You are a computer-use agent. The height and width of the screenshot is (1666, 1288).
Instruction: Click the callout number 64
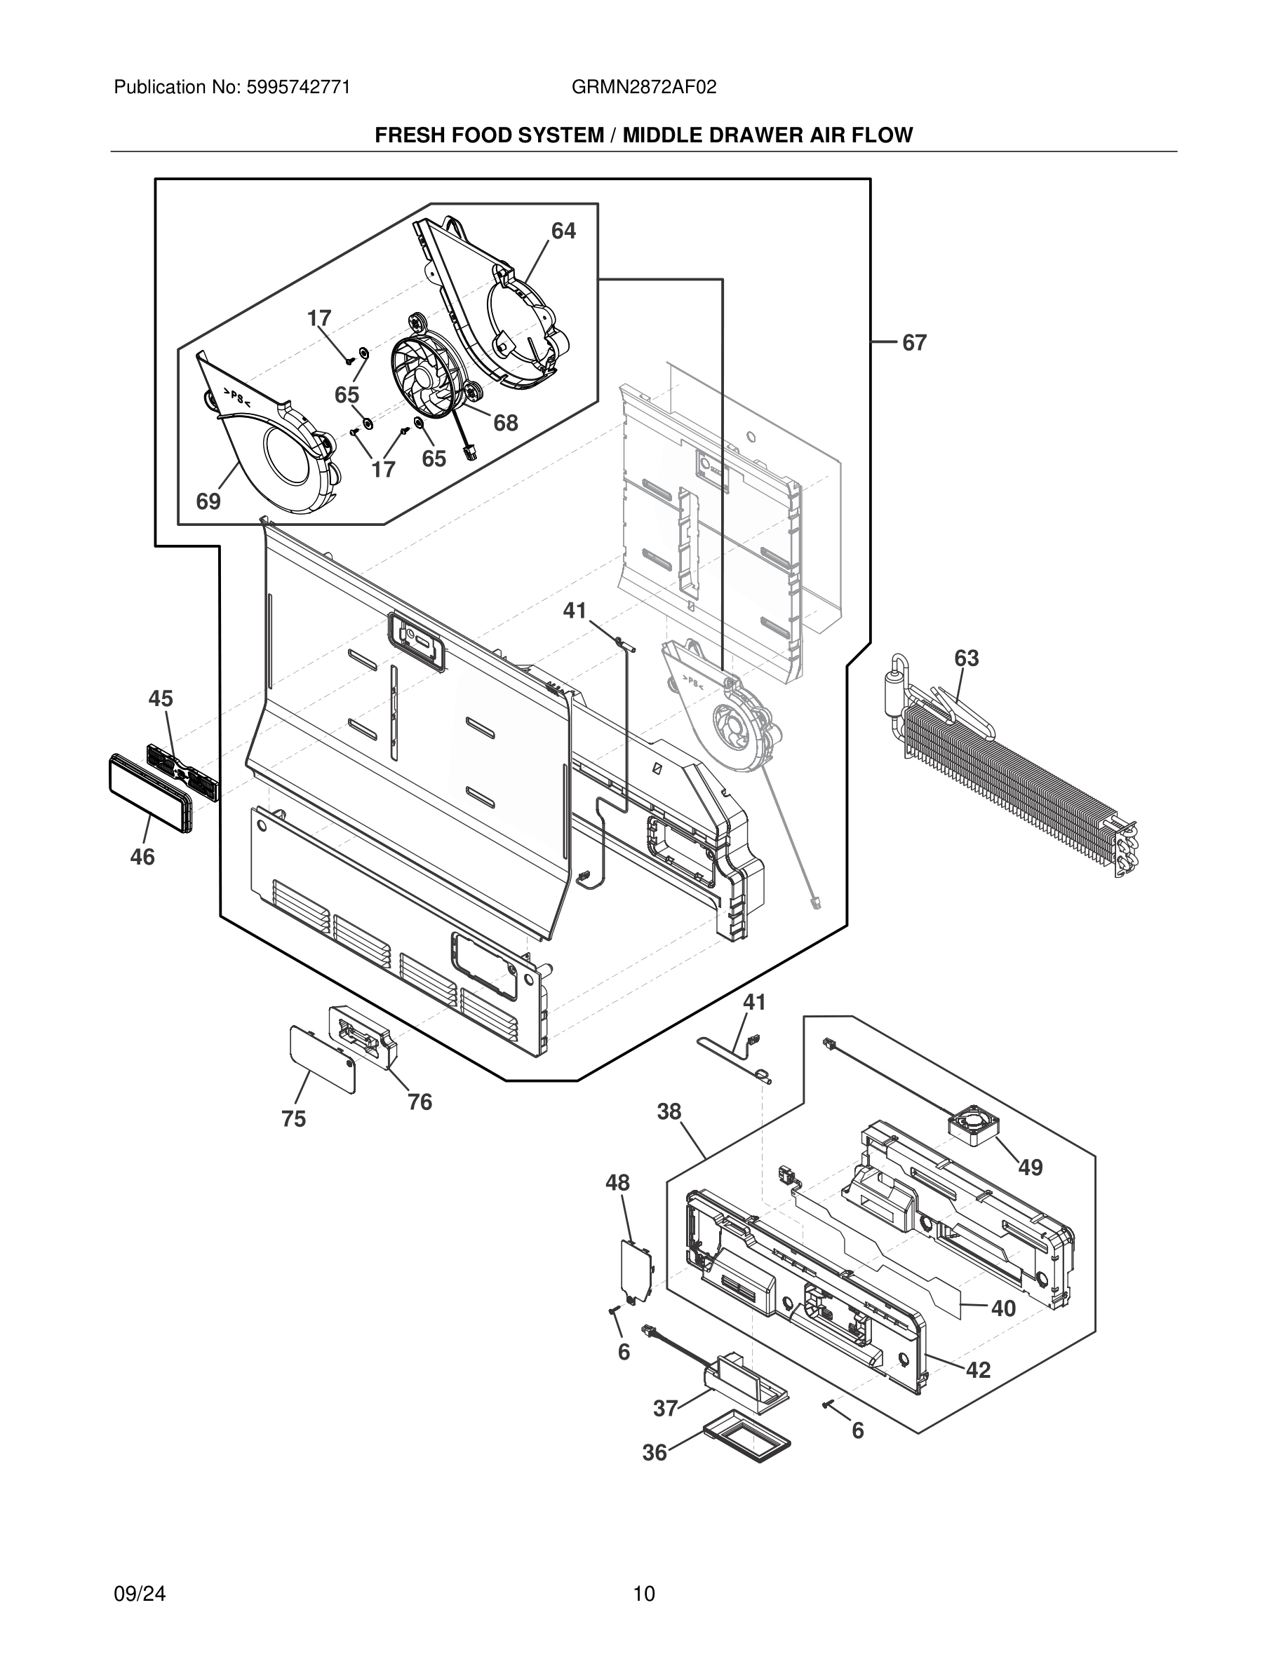(x=563, y=231)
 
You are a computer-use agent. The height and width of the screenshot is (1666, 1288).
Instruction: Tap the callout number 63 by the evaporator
(x=966, y=658)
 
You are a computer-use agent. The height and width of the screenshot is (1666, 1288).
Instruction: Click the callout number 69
(x=208, y=502)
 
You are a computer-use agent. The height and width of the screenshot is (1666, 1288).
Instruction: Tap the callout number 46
(x=142, y=858)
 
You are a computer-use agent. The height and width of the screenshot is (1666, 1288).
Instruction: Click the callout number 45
(x=160, y=699)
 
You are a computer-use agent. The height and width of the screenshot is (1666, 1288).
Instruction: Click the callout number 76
(x=420, y=1102)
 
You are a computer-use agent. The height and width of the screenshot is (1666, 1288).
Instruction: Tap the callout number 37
(x=665, y=1408)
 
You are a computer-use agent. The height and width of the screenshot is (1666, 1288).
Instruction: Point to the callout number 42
(x=978, y=1370)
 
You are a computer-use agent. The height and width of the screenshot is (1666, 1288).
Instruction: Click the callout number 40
(x=1003, y=1309)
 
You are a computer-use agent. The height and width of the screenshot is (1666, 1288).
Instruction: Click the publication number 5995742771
(x=298, y=88)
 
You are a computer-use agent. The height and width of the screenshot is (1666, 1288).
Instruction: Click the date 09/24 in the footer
(x=140, y=1594)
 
